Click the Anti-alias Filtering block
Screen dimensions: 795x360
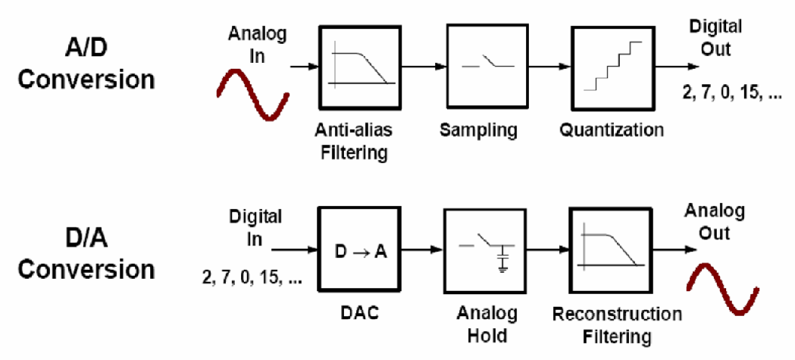point(360,67)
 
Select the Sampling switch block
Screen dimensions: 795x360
point(485,67)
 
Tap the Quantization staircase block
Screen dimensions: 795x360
point(613,67)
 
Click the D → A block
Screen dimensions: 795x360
point(360,249)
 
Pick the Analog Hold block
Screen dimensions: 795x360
point(485,251)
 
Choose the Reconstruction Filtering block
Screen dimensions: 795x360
point(610,250)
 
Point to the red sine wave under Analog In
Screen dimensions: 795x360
point(252,94)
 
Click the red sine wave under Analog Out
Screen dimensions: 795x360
point(722,289)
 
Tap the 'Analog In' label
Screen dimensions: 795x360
point(257,44)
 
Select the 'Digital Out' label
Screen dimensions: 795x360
point(715,38)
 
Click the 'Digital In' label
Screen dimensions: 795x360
point(255,228)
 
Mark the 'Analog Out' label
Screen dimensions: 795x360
point(714,221)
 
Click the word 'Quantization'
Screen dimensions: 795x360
point(612,130)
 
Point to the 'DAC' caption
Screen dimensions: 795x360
point(360,314)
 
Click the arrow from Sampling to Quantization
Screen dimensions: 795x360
point(548,67)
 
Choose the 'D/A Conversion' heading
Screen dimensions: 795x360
point(87,254)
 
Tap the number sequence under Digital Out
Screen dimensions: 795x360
point(732,94)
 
